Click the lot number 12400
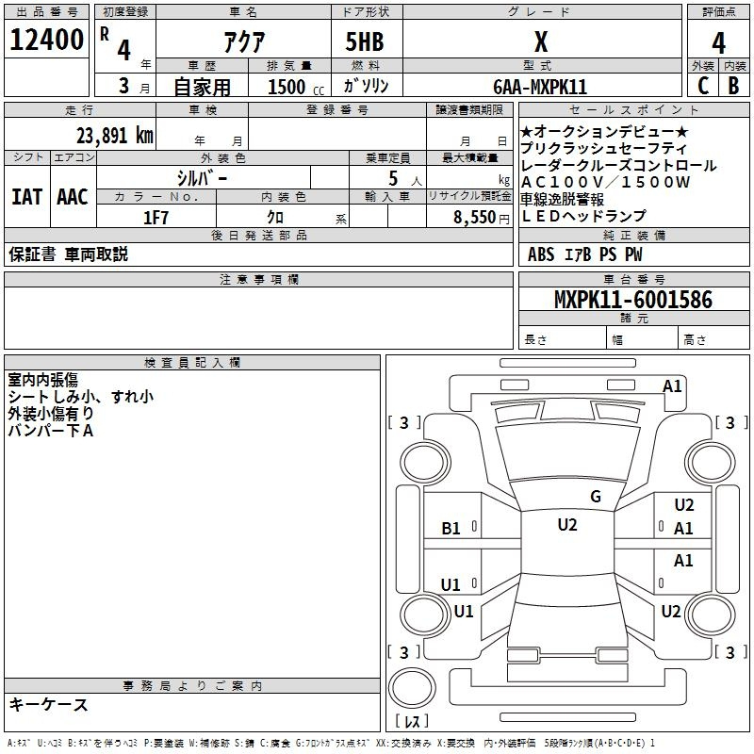pyautogui.click(x=46, y=40)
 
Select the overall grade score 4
pyautogui.click(x=718, y=43)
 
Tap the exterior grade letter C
pyautogui.click(x=703, y=86)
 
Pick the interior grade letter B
pyautogui.click(x=733, y=86)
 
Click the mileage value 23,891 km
pyautogui.click(x=115, y=136)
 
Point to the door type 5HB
pyautogui.click(x=365, y=41)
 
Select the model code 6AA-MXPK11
pyautogui.click(x=540, y=87)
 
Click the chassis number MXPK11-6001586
pyautogui.click(x=633, y=300)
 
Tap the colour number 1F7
pyautogui.click(x=156, y=218)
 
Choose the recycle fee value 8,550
pyautogui.click(x=475, y=218)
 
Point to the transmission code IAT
pyautogui.click(x=26, y=197)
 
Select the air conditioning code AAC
pyautogui.click(x=73, y=197)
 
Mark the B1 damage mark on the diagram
pyautogui.click(x=451, y=529)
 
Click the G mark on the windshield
pyautogui.click(x=596, y=497)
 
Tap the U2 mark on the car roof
pyautogui.click(x=567, y=525)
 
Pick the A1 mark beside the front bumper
pyautogui.click(x=672, y=386)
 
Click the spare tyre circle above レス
pyautogui.click(x=412, y=687)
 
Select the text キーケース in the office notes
pyautogui.click(x=49, y=704)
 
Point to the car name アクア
pyautogui.click(x=244, y=42)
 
